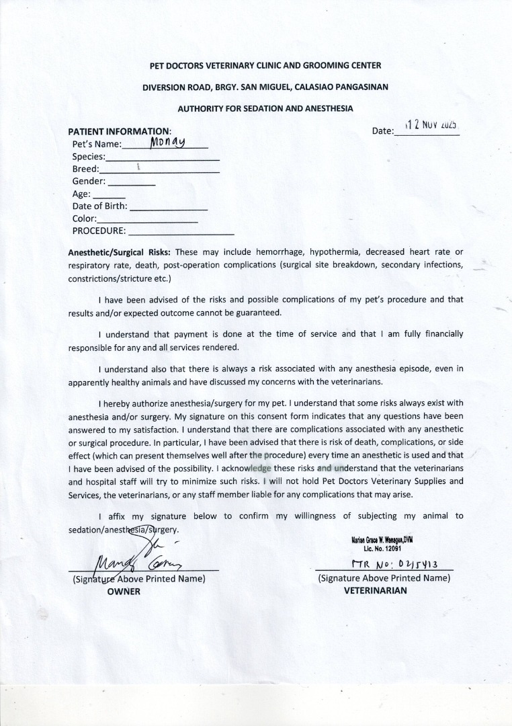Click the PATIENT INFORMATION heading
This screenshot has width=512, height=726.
pos(120,131)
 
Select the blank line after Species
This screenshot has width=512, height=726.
pos(163,159)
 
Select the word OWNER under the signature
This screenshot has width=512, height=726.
pos(124,591)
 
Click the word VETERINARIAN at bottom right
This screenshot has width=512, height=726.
pos(376,590)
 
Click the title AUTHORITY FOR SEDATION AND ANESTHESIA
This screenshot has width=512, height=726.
pos(265,108)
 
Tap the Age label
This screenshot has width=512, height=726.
pos(81,194)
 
